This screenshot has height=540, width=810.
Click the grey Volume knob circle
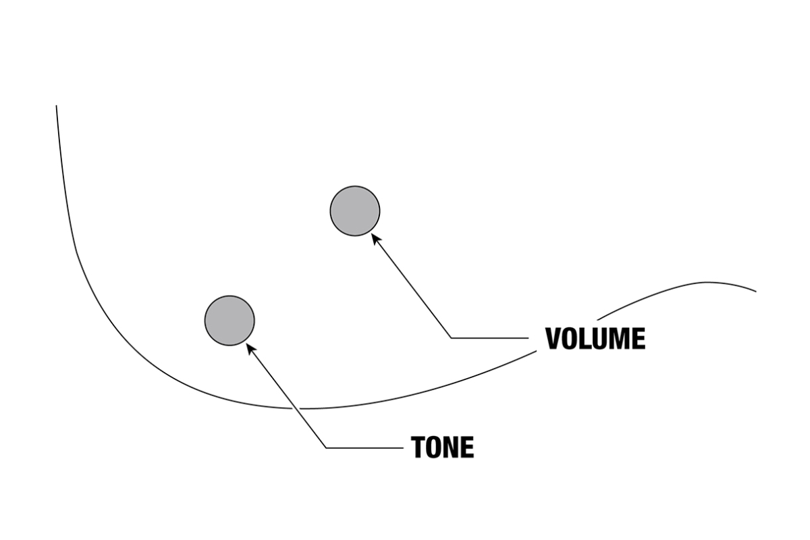click(355, 211)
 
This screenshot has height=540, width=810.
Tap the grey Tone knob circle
click(230, 321)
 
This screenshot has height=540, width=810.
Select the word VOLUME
click(595, 338)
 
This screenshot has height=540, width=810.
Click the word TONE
click(443, 447)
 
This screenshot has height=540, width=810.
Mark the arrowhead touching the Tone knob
click(250, 347)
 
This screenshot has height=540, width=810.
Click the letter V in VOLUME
click(554, 338)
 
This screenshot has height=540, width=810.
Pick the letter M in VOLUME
click(619, 338)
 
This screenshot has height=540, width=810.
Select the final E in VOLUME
click(639, 338)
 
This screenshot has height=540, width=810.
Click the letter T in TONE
click(418, 447)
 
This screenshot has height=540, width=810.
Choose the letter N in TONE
click(452, 447)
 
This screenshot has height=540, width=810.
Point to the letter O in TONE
click(435, 447)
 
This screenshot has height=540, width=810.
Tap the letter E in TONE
click(467, 447)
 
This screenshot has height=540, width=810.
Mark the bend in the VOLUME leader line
click(450, 337)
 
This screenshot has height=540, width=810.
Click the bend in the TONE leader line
click(326, 448)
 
